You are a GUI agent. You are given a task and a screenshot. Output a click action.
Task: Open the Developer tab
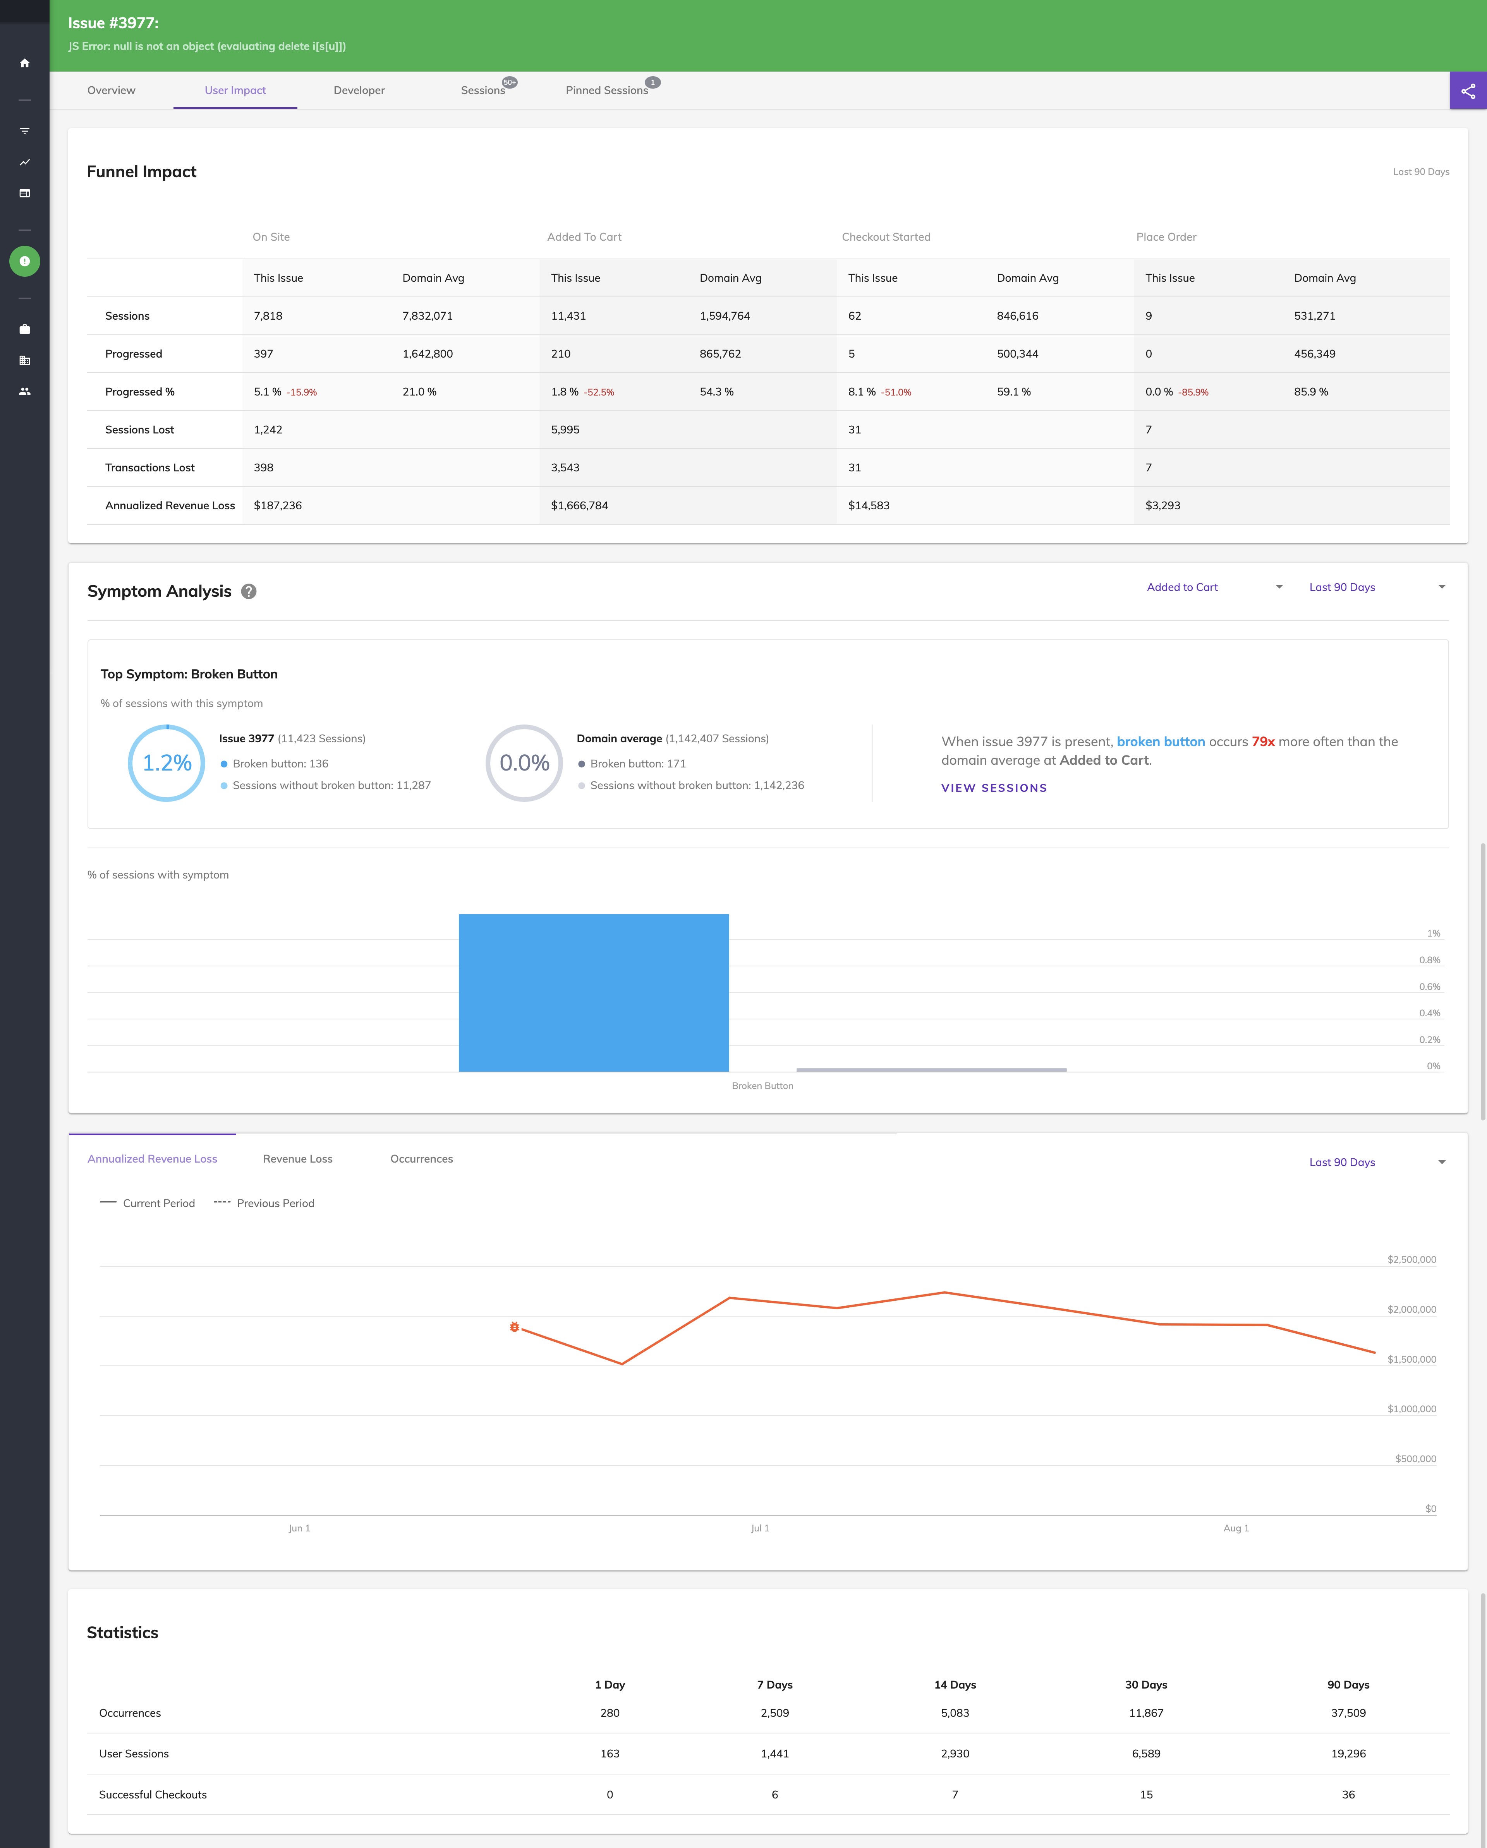click(359, 90)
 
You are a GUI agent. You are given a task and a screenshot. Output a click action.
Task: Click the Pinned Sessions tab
click(606, 90)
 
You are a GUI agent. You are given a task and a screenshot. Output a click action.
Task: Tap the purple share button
click(1467, 90)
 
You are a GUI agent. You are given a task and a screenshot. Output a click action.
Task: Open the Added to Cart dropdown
click(1214, 587)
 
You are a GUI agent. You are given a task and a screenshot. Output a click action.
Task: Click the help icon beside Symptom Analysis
click(249, 591)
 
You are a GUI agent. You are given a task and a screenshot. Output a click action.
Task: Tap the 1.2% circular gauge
click(167, 763)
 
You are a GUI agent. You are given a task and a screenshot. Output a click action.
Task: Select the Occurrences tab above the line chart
click(421, 1159)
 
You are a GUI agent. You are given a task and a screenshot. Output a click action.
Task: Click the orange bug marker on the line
click(515, 1327)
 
